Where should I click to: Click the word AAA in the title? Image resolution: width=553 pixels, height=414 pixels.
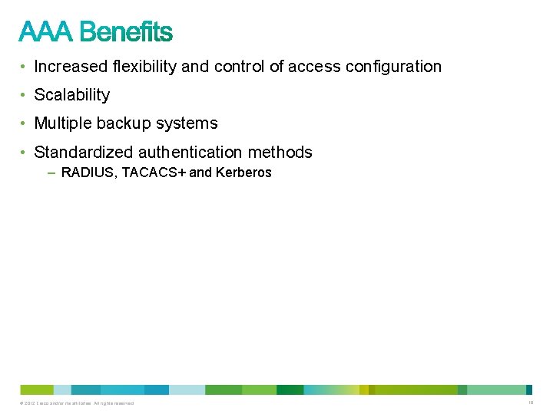click(46, 32)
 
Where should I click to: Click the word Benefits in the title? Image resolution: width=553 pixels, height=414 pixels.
click(126, 32)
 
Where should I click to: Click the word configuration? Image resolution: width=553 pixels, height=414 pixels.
click(393, 67)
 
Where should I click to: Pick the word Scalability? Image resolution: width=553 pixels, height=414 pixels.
click(72, 95)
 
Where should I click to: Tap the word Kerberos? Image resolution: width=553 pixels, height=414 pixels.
click(243, 172)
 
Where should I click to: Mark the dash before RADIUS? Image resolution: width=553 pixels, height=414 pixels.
click(51, 172)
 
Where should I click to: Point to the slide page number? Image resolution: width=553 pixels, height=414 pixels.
click(530, 402)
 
